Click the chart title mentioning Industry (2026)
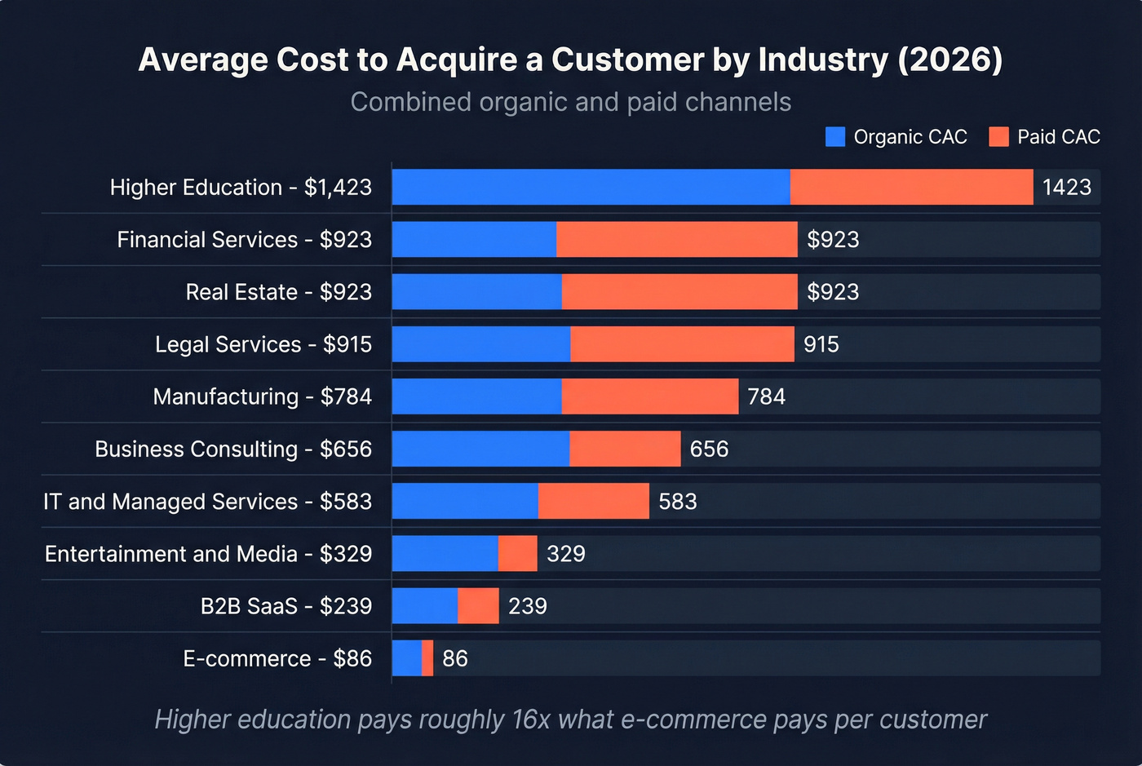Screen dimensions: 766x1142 click(x=570, y=60)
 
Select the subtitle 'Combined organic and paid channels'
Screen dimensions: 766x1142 click(x=570, y=102)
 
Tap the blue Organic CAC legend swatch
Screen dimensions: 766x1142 click(x=835, y=136)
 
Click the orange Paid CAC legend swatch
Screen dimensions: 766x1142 click(x=998, y=136)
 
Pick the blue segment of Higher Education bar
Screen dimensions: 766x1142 click(x=591, y=187)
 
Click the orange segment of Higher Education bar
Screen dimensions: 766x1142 click(x=911, y=187)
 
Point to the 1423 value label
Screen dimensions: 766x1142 click(x=1066, y=187)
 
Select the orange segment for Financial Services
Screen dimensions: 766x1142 click(x=676, y=239)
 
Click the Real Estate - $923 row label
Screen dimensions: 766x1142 click(x=278, y=292)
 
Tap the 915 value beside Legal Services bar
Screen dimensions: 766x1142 click(x=821, y=344)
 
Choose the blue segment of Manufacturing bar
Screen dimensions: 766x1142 click(x=476, y=396)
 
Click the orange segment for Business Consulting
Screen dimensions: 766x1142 click(x=625, y=449)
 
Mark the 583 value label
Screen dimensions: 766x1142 click(x=678, y=501)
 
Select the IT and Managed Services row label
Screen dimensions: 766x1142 click(x=207, y=501)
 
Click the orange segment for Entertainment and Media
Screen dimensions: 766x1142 click(x=517, y=553)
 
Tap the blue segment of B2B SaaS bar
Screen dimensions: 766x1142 click(x=424, y=606)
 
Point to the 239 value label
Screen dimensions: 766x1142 click(x=528, y=606)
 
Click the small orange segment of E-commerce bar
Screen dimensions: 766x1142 click(x=427, y=658)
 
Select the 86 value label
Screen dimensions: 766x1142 click(x=455, y=658)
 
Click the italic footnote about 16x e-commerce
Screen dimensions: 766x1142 click(x=570, y=720)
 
